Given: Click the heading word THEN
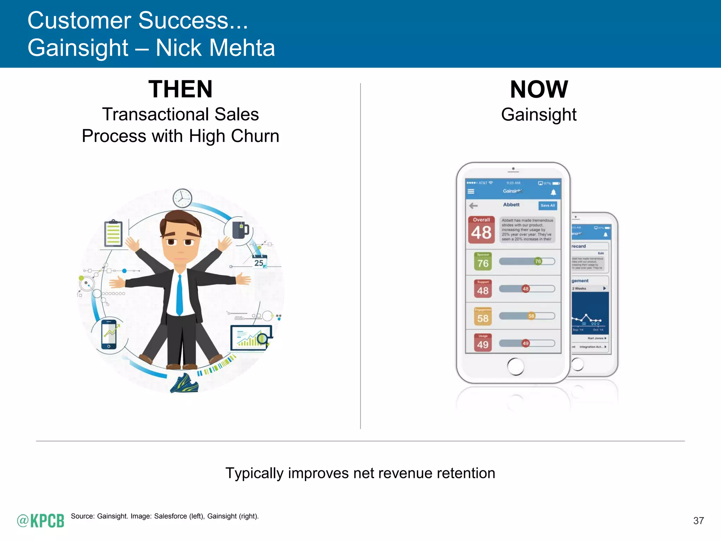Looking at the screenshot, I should (x=180, y=89).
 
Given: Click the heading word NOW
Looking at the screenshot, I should (x=539, y=89).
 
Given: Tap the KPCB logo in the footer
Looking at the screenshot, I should (x=41, y=521).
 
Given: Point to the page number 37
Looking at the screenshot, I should (x=698, y=521).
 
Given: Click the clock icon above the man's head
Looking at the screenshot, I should (x=182, y=198).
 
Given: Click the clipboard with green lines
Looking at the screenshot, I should (x=113, y=233).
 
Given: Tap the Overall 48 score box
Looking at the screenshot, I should (x=481, y=230).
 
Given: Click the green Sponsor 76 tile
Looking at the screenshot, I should (x=483, y=261).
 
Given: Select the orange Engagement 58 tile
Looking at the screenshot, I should (x=483, y=316).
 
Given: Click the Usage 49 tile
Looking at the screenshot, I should (x=483, y=343).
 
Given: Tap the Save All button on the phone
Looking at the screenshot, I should (x=547, y=205).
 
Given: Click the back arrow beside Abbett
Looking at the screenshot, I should (x=474, y=205).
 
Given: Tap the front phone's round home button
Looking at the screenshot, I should (x=515, y=366).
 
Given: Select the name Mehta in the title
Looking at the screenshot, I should (x=243, y=48).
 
